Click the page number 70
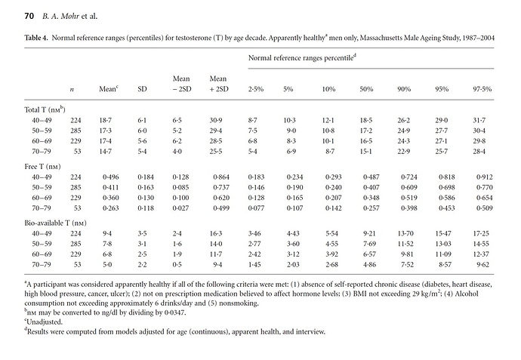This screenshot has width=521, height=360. coord(29,16)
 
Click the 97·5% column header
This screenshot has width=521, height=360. coord(482,89)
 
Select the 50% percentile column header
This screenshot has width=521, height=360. coord(366,89)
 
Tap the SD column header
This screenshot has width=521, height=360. coord(142,89)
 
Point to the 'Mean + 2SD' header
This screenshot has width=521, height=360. coord(219,84)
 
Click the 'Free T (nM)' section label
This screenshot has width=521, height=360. coord(42,167)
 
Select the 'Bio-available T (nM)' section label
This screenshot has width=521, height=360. coord(55,223)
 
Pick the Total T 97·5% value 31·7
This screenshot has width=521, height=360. coord(479,120)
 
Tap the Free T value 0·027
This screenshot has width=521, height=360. coord(180,208)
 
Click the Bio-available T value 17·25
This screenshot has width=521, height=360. coord(481,233)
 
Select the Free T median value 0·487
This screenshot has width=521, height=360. coord(371,177)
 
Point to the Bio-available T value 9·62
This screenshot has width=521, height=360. coord(482,265)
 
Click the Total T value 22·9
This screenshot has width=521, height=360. coord(403,152)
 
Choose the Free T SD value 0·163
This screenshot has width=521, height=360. coord(146,187)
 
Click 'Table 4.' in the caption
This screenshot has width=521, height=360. coord(36,38)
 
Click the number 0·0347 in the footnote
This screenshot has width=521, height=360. coord(174,312)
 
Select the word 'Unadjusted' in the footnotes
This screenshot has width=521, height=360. coord(45,322)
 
